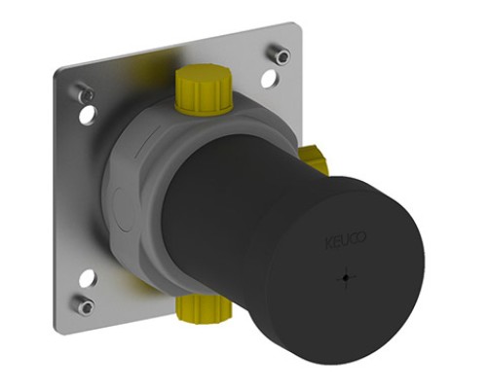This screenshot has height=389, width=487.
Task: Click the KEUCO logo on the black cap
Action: [346, 239]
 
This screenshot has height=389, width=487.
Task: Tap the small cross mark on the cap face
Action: [347, 278]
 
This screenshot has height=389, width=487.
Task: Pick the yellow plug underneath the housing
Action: [203, 310]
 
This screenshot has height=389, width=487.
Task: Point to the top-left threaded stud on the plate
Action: [85, 92]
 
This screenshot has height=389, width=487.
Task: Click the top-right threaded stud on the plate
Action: [279, 53]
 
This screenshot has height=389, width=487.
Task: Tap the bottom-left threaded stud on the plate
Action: [85, 304]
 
